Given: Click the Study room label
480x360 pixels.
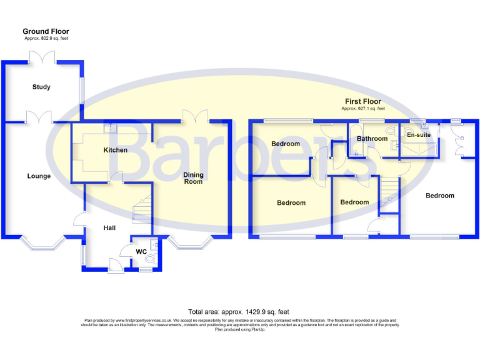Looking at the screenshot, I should (x=41, y=87).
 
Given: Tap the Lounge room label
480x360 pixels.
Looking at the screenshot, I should (x=39, y=176).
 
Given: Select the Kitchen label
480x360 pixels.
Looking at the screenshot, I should (x=116, y=150).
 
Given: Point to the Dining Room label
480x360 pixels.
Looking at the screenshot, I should (x=193, y=178).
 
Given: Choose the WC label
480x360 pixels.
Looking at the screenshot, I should (x=141, y=252).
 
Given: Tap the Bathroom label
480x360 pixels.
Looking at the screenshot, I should (x=372, y=139).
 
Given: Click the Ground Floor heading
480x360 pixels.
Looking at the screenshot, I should (x=46, y=31).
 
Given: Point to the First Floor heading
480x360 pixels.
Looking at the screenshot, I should (x=362, y=101).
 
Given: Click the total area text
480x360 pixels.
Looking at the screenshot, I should (x=238, y=312).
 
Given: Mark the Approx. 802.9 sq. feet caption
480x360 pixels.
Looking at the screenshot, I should (x=46, y=39).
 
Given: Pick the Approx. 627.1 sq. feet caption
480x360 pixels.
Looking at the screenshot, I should (x=362, y=109).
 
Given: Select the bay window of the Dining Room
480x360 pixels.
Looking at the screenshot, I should (x=192, y=242).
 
